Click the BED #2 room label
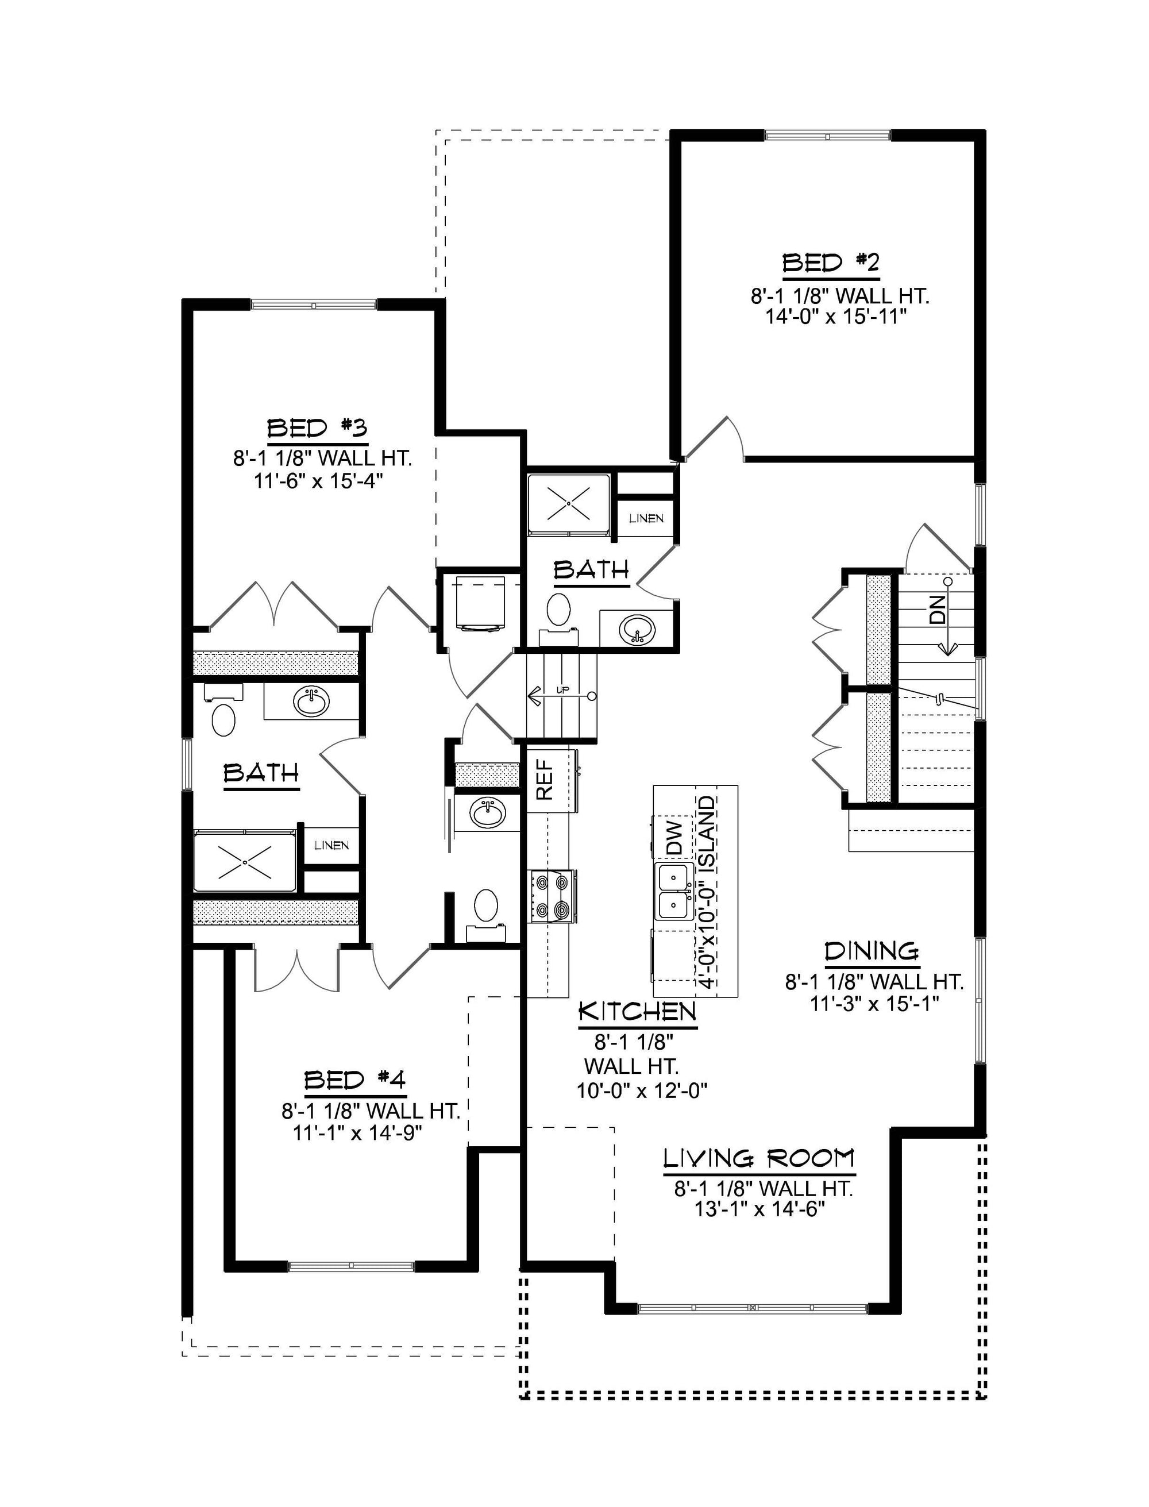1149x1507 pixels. (x=831, y=263)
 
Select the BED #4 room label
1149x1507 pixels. (x=355, y=1080)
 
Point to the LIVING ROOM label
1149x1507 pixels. (x=759, y=1158)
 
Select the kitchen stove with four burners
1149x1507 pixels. (x=552, y=896)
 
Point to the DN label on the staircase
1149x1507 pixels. (x=938, y=608)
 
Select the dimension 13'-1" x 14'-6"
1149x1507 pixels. (x=759, y=1209)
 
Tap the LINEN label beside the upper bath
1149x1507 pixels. (x=646, y=519)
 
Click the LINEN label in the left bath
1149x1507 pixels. (x=331, y=846)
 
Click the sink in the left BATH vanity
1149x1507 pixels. (x=311, y=701)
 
